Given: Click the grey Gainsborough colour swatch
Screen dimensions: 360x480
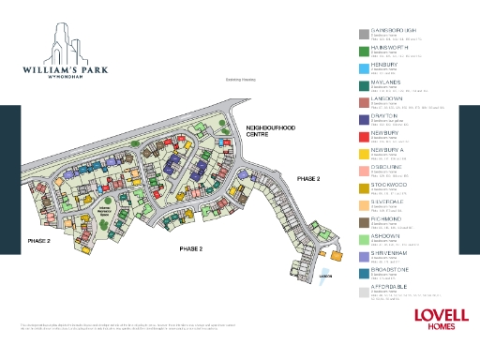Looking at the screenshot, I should click(363, 34).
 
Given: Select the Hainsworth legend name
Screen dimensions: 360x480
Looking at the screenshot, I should click(390, 46).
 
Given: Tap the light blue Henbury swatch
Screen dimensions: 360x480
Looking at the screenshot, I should click(363, 67).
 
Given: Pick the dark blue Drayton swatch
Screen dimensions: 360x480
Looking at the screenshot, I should click(363, 119).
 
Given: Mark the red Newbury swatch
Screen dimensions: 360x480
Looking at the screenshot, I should click(363, 136).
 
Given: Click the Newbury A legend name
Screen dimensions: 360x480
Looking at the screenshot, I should click(389, 149).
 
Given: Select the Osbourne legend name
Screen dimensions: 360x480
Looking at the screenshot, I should click(388, 166).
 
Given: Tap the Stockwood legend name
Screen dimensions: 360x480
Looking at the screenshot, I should click(390, 184).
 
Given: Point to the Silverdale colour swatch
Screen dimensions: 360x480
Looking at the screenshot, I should click(363, 204).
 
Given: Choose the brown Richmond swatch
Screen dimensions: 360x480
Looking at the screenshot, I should click(363, 221).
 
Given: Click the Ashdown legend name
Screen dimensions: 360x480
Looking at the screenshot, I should click(387, 235).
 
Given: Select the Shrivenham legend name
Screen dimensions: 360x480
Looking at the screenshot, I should click(391, 252).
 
